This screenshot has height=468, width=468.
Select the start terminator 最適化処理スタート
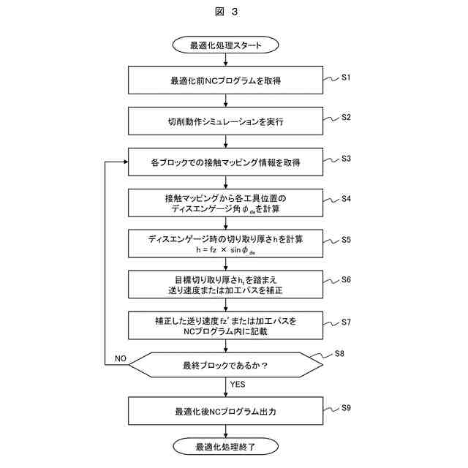225,45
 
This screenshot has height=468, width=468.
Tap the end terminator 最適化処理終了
225,445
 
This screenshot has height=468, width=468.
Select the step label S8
339,354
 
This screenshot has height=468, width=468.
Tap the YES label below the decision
238,384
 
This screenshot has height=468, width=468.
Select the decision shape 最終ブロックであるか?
225,364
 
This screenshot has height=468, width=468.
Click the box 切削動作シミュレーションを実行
225,121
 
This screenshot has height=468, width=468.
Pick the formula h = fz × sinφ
225,249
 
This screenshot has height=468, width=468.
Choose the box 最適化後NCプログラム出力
225,412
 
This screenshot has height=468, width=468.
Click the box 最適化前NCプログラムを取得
225,80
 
